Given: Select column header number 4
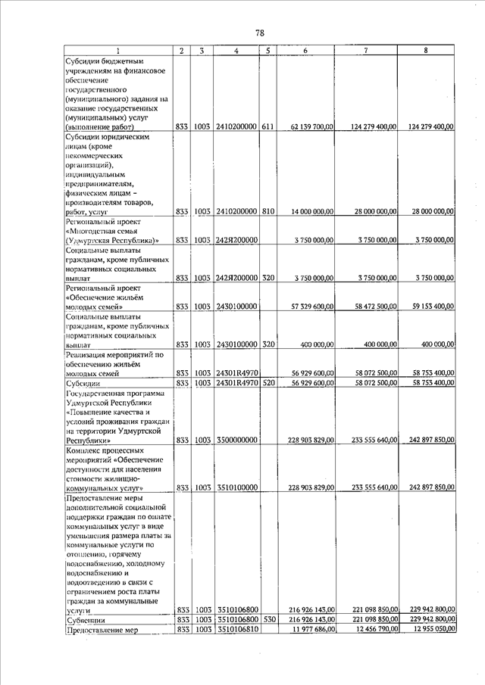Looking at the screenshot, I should [x=237, y=51].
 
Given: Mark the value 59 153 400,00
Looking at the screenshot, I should [x=430, y=307].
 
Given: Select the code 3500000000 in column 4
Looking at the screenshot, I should [x=237, y=440].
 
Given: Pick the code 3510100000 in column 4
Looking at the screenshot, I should [x=237, y=488].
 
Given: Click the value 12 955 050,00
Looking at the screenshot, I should [x=430, y=630].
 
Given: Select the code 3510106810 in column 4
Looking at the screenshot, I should [x=237, y=630].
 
